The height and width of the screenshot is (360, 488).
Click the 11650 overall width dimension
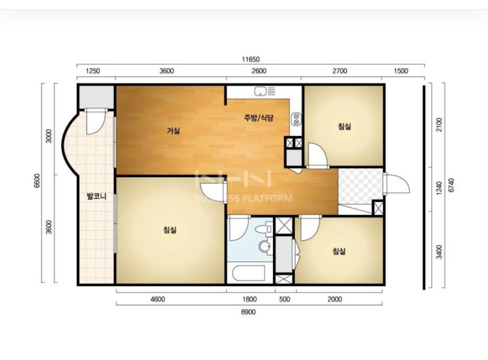coord(251,59)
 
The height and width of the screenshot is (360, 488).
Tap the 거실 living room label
coord(174,131)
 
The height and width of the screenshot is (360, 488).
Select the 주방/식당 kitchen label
coord(259,118)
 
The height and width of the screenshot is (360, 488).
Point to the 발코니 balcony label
coord(97,196)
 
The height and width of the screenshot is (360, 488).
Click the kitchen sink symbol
coord(265,91)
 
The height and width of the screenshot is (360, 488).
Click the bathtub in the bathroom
coord(249,273)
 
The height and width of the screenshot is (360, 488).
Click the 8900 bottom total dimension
coord(248,312)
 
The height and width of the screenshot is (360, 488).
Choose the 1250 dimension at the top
coord(93,71)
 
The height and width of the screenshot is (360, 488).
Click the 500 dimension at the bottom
coord(284,299)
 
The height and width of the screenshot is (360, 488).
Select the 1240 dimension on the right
coord(439,188)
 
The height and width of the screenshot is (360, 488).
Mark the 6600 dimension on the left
coord(37,180)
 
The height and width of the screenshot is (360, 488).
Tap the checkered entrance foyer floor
coord(360,186)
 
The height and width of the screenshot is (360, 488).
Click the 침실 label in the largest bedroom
coord(170,230)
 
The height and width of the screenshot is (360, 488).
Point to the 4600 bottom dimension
coord(158,299)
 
